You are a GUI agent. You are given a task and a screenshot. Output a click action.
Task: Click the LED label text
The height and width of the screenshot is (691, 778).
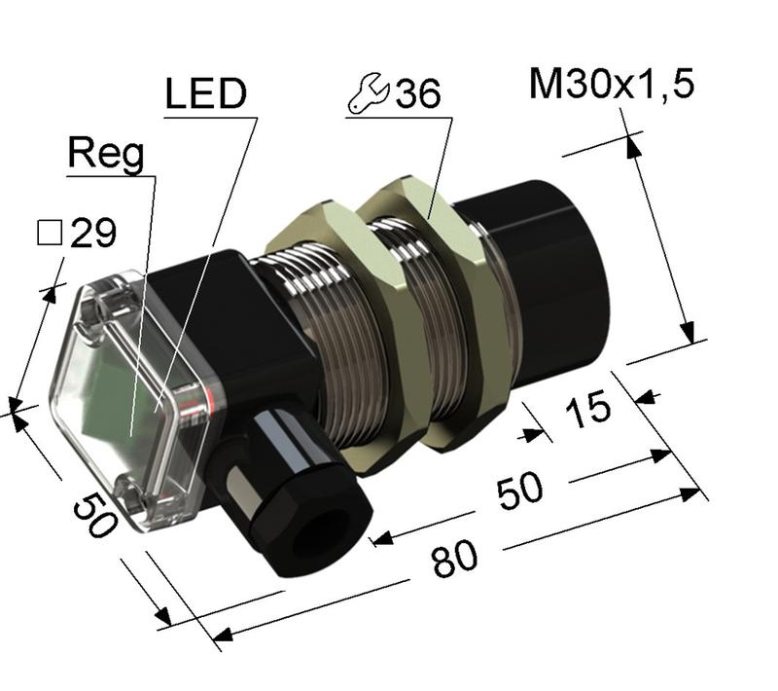coord(205,95)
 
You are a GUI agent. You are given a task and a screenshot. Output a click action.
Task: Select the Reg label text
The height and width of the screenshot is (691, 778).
coord(106,154)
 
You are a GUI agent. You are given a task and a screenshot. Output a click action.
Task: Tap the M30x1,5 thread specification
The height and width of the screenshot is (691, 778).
coord(612,86)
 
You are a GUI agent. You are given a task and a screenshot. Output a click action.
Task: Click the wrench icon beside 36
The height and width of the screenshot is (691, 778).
coord(367,93)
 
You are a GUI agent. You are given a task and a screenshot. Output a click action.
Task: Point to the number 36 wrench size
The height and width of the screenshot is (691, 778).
coord(418,94)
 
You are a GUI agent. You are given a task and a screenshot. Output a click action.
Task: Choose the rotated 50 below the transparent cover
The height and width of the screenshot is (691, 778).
coord(94,512)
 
